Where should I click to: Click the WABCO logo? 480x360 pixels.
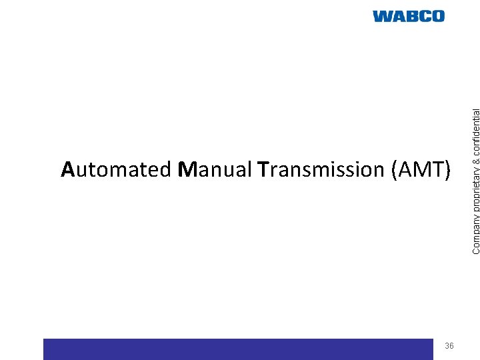coord(408,17)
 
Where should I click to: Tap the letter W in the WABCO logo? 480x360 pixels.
coord(383,17)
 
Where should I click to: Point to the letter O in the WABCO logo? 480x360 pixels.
coord(437,17)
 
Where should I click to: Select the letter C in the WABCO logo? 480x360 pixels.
coord(423,17)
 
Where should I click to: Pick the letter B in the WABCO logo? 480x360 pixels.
coord(410,17)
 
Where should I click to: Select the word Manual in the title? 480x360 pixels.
coord(215,169)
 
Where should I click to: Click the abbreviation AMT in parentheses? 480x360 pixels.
coord(418,169)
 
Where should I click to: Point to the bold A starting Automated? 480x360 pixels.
coord(67,169)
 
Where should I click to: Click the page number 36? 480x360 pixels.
coord(449,345)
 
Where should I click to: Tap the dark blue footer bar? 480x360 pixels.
coord(237,349)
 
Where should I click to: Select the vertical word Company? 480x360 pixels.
coord(476,231)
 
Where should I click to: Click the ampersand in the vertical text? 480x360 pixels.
coord(476,148)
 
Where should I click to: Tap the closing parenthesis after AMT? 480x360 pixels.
coord(448,170)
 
